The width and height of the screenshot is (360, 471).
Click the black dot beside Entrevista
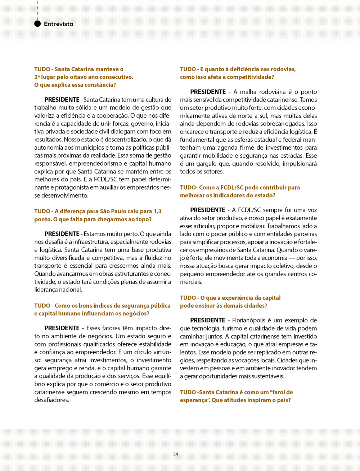pyautogui.click(x=37, y=24)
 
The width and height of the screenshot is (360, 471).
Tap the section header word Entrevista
pyautogui.click(x=58, y=24)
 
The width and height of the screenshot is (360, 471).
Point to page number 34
pyautogui.click(x=176, y=454)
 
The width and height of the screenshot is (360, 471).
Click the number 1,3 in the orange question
pyautogui.click(x=157, y=211)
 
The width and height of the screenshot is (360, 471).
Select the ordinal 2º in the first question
pyautogui.click(x=37, y=77)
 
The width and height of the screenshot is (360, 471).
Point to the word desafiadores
pyautogui.click(x=51, y=400)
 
